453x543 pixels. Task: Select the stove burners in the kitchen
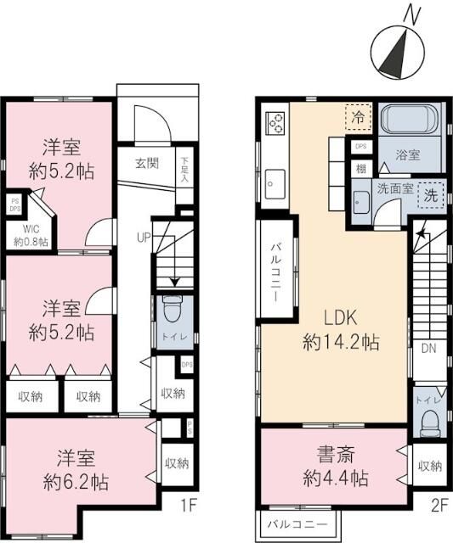pyautogui.click(x=277, y=125)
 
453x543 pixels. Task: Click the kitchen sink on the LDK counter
pyautogui.click(x=275, y=181)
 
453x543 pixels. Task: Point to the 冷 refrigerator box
pyautogui.click(x=358, y=117)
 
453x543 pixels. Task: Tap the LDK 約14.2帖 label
pyautogui.click(x=339, y=332)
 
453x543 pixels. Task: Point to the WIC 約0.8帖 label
pyautogui.click(x=31, y=234)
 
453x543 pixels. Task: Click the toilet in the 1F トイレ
pyautogui.click(x=172, y=312)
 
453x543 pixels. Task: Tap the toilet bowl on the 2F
pyautogui.click(x=429, y=418)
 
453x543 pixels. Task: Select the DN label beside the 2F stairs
pyautogui.click(x=429, y=348)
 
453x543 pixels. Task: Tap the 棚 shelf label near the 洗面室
pyautogui.click(x=360, y=170)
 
